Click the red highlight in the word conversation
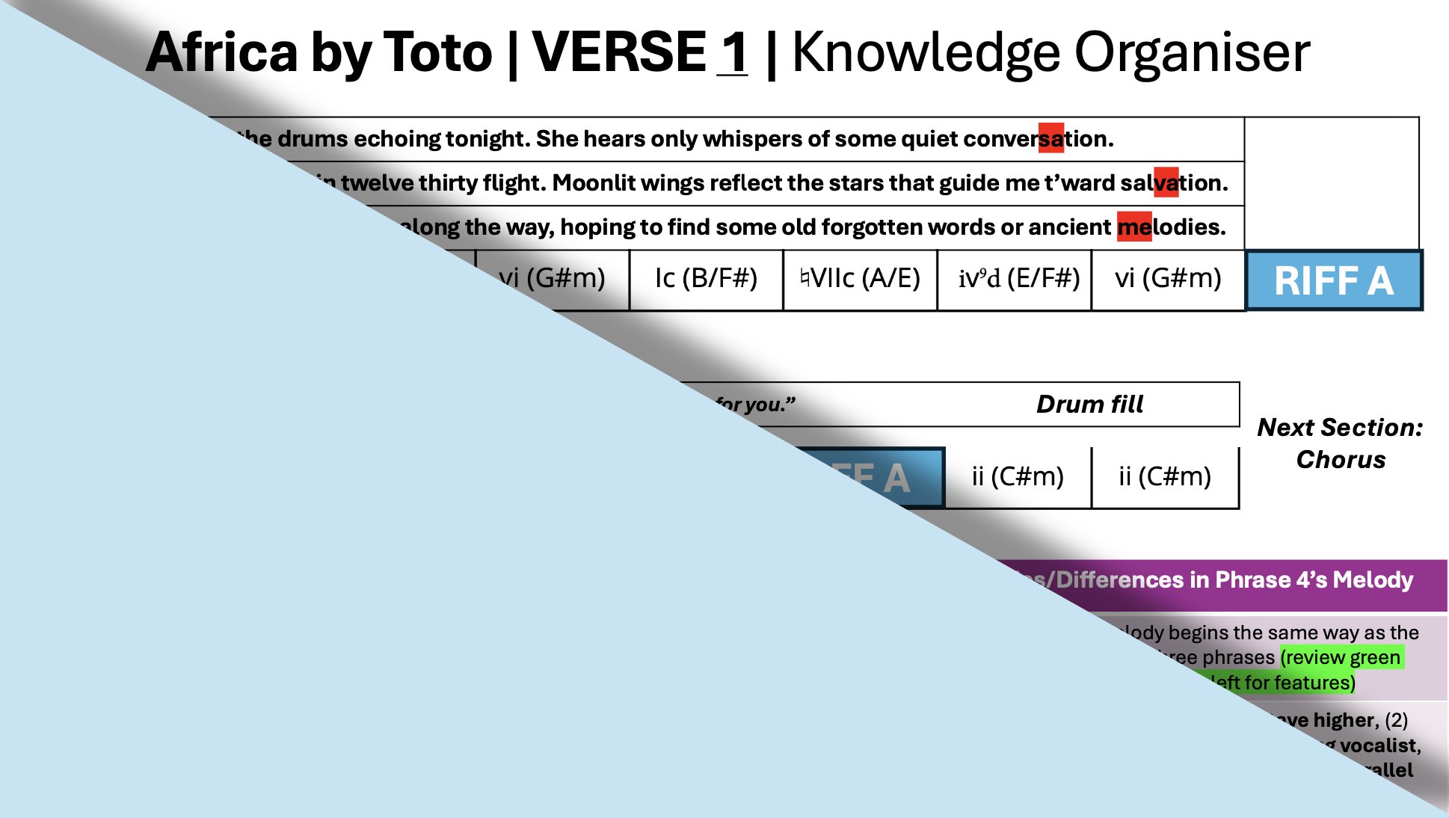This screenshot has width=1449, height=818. tap(1051, 138)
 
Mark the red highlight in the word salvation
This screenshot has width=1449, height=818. tap(1166, 182)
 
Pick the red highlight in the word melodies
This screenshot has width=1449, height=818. tap(1134, 227)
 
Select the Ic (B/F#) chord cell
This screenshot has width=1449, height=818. tap(706, 279)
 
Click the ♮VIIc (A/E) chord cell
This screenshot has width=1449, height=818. tap(860, 279)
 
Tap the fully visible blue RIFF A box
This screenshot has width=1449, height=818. tap(1334, 281)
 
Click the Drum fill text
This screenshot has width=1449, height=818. tap(1089, 405)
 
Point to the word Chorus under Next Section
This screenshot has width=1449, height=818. tap(1341, 459)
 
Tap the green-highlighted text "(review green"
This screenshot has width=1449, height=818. tap(1341, 657)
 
